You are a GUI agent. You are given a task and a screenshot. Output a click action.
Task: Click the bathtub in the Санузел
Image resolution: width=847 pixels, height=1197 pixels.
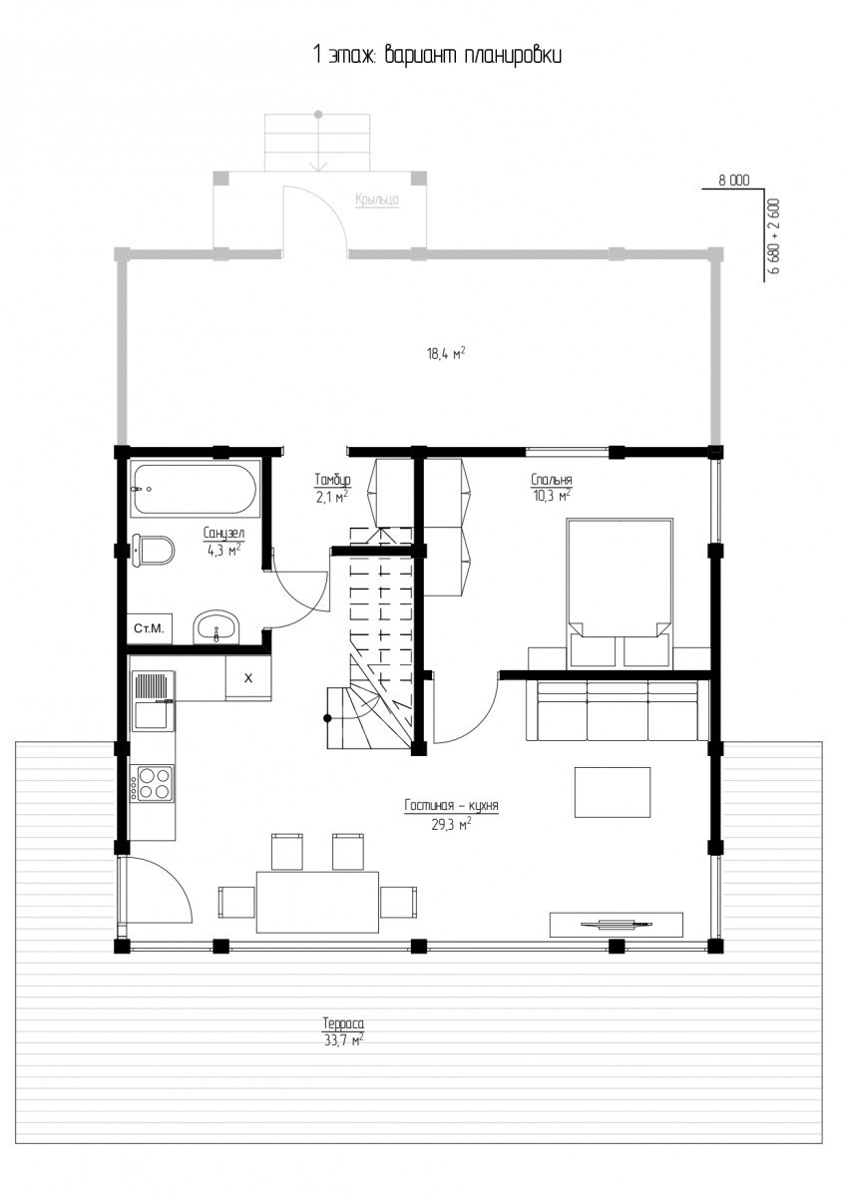coord(196,489)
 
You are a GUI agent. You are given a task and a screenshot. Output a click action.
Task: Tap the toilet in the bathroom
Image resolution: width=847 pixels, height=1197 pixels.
coord(153,550)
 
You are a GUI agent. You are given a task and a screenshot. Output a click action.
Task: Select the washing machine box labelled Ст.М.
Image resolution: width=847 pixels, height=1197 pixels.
coord(150,628)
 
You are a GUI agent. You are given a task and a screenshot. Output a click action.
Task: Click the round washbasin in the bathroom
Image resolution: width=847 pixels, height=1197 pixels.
coord(216,626)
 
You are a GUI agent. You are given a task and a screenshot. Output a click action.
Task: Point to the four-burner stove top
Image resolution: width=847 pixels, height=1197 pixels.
coord(154,783)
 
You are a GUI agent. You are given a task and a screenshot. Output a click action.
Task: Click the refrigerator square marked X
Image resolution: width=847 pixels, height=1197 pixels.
coord(248,678)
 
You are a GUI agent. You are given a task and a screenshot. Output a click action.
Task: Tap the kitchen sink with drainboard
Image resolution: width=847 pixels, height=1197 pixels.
coord(154,700)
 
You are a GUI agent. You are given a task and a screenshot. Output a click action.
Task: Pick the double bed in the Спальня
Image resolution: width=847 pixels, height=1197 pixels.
coord(619,593)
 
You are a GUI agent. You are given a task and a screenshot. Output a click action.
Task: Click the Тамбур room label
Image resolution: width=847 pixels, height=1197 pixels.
coord(332,489)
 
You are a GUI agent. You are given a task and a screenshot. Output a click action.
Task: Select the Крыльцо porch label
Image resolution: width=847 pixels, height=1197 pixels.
coord(377,200)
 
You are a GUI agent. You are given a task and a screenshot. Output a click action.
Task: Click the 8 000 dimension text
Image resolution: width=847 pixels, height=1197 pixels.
coord(733,181)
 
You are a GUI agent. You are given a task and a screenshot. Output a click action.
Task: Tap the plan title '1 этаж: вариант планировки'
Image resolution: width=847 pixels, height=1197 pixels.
coord(437,55)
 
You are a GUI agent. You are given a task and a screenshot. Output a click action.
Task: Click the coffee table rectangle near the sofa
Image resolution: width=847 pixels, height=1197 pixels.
coord(613,792)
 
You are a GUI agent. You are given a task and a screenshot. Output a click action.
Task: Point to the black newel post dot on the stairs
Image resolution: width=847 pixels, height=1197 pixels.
coord(327,719)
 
